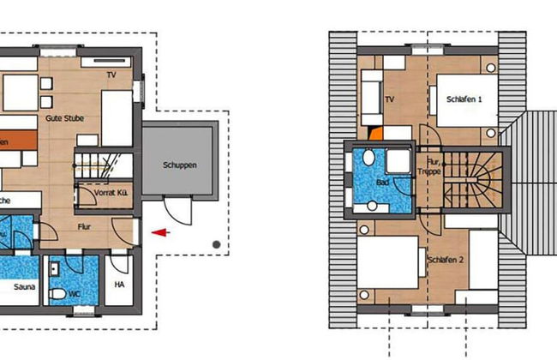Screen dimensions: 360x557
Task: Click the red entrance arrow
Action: coord(160,231)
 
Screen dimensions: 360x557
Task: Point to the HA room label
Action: coord(119,285)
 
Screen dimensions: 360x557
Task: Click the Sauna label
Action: coord(24,288)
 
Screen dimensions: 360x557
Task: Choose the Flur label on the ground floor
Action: coord(83,226)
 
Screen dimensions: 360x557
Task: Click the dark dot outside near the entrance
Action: coord(216,245)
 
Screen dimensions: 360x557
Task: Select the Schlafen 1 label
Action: coord(464,99)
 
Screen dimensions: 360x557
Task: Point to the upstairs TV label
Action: coord(389,99)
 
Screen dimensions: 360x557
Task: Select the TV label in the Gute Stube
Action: coord(111,75)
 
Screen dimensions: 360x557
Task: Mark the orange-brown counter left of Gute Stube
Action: coord(17,140)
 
